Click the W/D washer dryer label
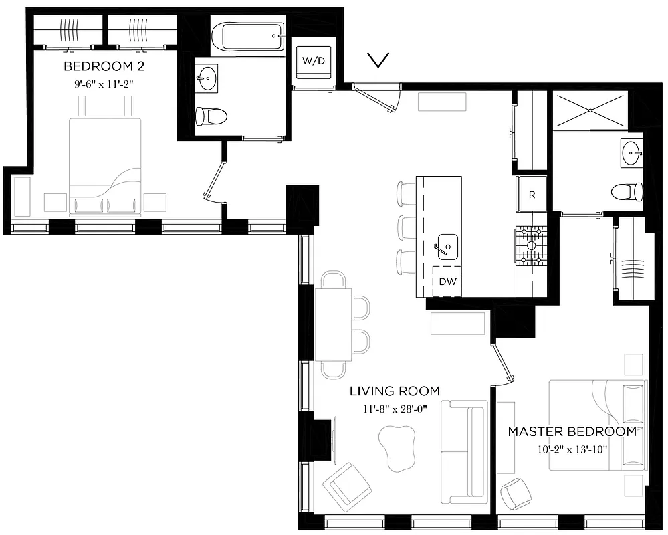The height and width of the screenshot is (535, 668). point(313,61)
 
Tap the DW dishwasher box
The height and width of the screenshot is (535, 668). point(447,282)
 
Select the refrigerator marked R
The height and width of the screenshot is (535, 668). point(532,195)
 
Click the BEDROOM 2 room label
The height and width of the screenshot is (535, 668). point(104,66)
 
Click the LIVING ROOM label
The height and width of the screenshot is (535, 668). point(395,391)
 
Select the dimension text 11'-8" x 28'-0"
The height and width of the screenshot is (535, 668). point(395,408)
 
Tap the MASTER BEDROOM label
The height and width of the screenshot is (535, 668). point(572,431)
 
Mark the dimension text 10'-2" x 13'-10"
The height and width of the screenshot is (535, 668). point(572,449)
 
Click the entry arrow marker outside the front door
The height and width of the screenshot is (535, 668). point(379,61)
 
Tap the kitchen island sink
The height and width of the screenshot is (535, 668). point(445,246)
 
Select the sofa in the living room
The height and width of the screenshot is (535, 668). point(464,452)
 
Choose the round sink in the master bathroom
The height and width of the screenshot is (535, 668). point(630,153)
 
